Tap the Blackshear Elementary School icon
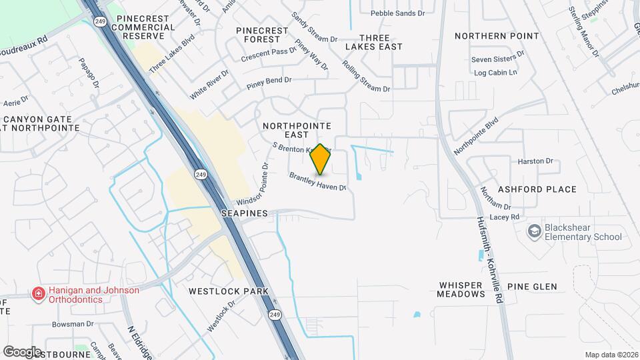point(534,231)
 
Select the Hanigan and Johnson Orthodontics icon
point(38,294)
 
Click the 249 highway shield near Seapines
point(201,175)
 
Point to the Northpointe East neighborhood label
point(296,130)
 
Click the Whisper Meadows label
point(461,289)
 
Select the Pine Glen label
point(531,287)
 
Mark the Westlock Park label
point(228,291)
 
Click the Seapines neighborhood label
point(245,213)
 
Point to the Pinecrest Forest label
point(262,35)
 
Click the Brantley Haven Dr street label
point(317,181)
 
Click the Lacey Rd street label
point(505,217)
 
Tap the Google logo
point(22,351)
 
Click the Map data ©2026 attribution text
point(610,355)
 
